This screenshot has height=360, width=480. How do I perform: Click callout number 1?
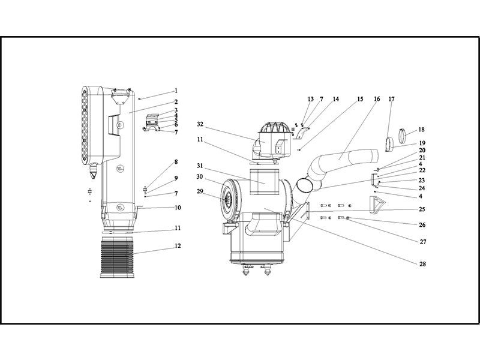(x=176, y=91)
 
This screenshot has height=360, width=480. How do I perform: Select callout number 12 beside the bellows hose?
(x=178, y=246)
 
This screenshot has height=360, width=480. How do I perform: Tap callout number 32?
(x=200, y=124)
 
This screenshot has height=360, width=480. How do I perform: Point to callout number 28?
(x=422, y=264)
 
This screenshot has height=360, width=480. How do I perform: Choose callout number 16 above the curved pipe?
(x=377, y=99)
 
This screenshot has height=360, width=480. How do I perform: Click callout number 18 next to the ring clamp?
(x=422, y=130)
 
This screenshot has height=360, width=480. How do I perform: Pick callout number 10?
(x=178, y=208)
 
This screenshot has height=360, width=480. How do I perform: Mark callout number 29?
(x=200, y=191)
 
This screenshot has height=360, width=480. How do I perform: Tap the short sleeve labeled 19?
(x=389, y=145)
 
